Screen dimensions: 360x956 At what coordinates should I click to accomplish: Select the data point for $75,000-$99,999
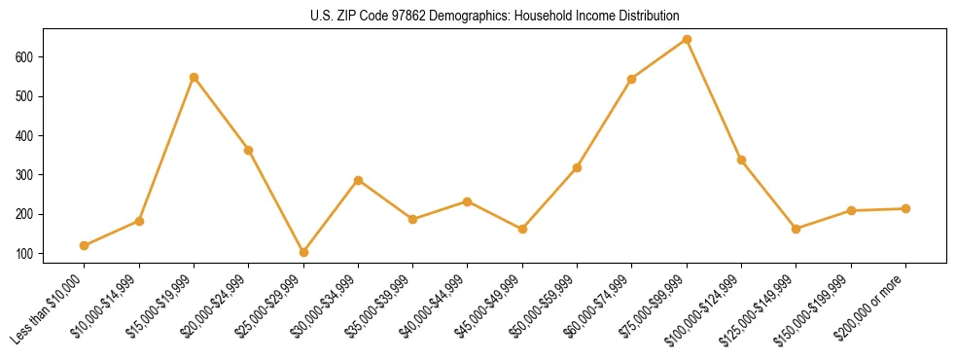pos(687,40)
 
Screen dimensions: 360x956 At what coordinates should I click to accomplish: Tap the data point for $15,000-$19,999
pos(194,77)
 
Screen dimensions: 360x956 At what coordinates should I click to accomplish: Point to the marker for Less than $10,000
pos(85,245)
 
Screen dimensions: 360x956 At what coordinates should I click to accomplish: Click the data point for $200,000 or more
pos(905,208)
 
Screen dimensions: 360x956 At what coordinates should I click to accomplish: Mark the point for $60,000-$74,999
pos(632,79)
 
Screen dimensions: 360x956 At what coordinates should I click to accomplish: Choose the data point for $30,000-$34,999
pos(358,180)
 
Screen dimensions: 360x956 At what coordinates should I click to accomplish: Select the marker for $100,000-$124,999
pos(741,160)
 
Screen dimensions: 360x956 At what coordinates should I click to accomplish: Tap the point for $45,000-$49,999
pos(522,229)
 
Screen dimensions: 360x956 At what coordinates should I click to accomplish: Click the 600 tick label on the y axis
pos(25,57)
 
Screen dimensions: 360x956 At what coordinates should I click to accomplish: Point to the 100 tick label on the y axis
pos(25,253)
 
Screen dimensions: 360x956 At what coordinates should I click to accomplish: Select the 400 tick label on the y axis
pos(25,135)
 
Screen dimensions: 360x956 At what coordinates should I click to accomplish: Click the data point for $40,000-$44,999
pos(468,201)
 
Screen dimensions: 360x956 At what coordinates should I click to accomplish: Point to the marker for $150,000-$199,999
pos(851,210)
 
